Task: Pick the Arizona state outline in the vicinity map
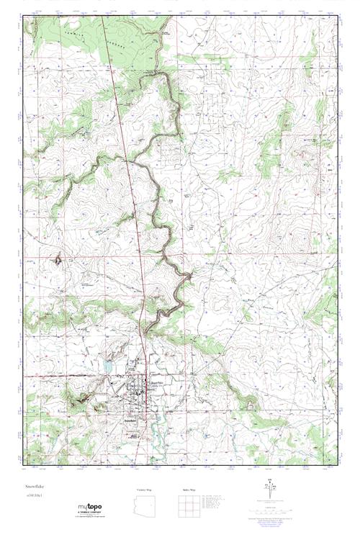(x=145, y=503)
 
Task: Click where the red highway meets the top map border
(x=102, y=16)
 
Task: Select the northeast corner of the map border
(x=338, y=16)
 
